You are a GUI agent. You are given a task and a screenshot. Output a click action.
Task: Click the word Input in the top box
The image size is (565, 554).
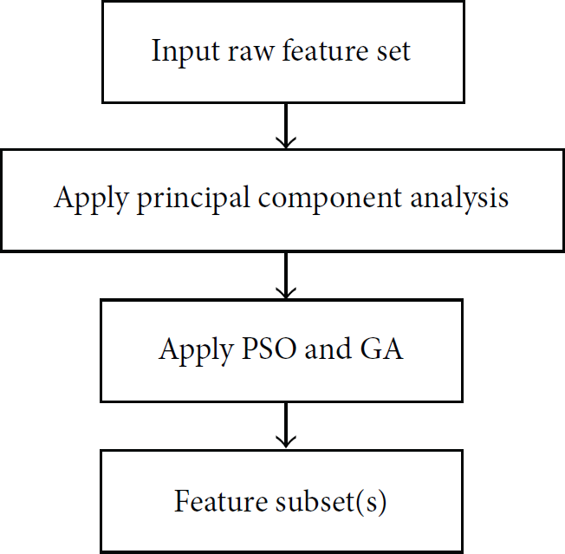point(185,52)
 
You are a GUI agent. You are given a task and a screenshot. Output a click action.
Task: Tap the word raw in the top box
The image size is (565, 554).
point(250,53)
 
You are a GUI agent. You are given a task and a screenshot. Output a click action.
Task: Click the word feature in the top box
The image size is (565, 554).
point(325,51)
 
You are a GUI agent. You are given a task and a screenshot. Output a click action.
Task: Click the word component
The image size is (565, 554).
point(329,200)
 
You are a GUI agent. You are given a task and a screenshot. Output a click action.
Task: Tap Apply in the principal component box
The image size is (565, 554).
point(91,199)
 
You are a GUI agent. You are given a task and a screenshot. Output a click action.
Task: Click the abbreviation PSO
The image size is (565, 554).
point(270,349)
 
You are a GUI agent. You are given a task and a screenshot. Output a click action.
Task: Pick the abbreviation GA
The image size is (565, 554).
point(381,349)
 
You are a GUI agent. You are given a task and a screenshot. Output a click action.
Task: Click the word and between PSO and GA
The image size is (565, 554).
point(328,348)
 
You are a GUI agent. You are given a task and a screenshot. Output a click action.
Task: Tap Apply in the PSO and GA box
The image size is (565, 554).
point(196,351)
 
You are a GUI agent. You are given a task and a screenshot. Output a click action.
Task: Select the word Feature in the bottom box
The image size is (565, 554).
point(221,500)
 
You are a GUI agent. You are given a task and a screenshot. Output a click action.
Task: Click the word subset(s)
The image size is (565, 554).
point(331,501)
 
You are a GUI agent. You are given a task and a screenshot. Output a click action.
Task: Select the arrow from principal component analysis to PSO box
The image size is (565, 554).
point(286,276)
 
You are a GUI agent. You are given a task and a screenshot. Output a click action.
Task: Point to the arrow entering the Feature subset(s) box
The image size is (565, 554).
point(286,426)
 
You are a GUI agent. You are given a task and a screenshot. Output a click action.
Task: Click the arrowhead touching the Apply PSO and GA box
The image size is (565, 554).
point(286,293)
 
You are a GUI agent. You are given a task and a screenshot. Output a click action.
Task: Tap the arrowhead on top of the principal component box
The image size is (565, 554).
point(286,143)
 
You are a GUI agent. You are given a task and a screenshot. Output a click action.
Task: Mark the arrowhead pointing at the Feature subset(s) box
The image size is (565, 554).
point(286,443)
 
